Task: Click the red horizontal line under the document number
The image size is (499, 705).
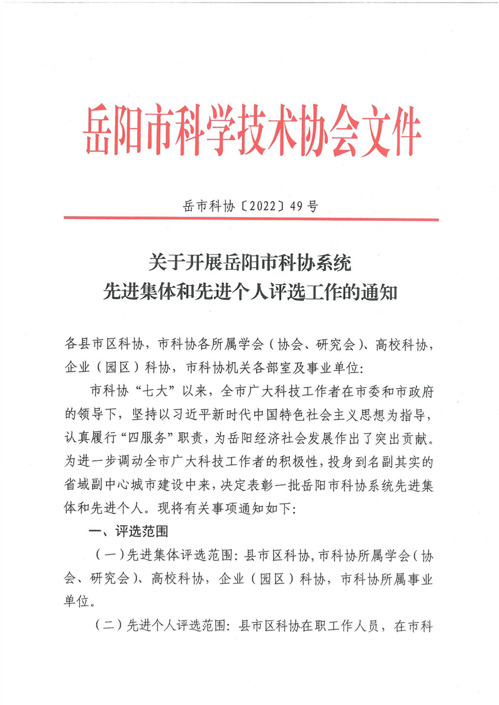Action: [251, 219]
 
